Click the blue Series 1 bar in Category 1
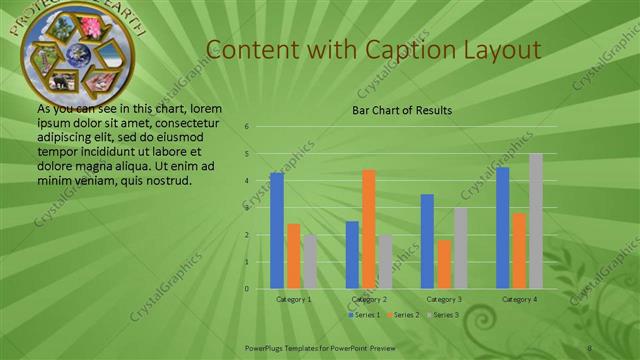point(277,231)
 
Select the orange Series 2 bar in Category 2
point(369,229)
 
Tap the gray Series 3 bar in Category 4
point(536,221)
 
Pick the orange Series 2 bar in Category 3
point(444,264)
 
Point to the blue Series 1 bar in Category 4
point(503,228)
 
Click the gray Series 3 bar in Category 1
point(310,262)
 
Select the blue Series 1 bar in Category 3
point(428,241)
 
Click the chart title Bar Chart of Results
point(402,111)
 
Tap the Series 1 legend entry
point(363,315)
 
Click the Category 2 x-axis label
point(369,299)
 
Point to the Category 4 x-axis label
point(519,299)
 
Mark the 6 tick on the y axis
point(247,127)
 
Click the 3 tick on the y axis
point(247,208)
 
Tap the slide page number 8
point(590,346)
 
